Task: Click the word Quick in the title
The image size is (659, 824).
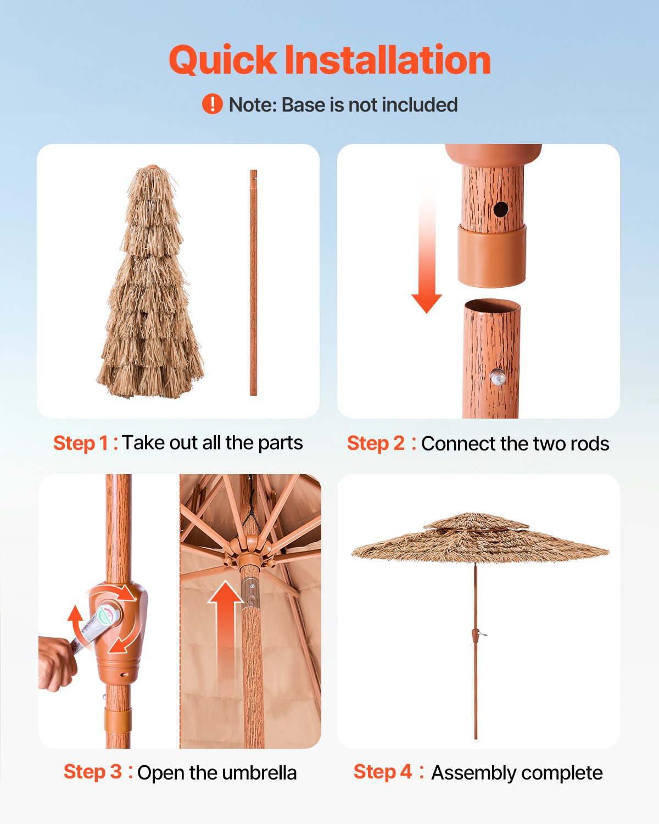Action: click(x=222, y=60)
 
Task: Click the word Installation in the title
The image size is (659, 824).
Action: click(x=388, y=59)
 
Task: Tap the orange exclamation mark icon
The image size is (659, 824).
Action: click(x=212, y=104)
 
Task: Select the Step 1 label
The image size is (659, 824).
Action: click(x=85, y=443)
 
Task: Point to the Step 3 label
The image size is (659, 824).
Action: click(x=98, y=772)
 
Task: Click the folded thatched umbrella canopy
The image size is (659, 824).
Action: click(x=150, y=283)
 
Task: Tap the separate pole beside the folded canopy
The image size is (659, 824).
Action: click(x=254, y=282)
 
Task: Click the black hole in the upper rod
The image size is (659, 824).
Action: click(x=500, y=209)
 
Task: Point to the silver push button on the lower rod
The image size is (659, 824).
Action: click(x=498, y=377)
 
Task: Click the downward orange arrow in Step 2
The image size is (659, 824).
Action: click(x=427, y=245)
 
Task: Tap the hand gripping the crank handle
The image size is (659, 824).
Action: click(x=57, y=665)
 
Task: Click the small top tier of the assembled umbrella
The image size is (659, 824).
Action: click(x=476, y=521)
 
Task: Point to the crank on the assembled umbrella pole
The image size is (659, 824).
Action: click(x=477, y=636)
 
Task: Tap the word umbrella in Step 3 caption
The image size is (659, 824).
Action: click(x=259, y=773)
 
